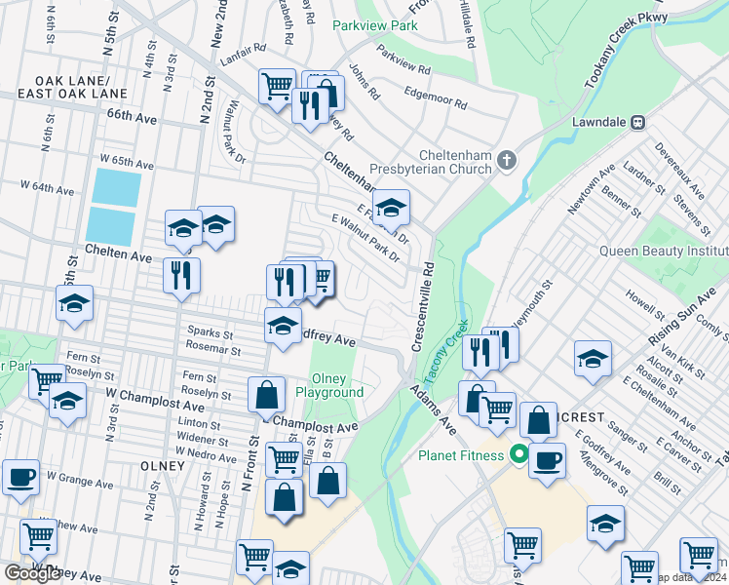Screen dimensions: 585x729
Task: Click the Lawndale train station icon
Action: (639, 123)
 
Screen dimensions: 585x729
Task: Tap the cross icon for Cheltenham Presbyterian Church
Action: (506, 160)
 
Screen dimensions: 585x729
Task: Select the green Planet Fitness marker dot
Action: (519, 455)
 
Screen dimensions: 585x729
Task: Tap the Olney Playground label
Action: (336, 385)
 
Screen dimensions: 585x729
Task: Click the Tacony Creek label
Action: (444, 352)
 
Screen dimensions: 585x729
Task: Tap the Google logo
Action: (31, 573)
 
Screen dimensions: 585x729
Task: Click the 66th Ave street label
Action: (133, 116)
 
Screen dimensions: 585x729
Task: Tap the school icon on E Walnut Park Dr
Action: (391, 207)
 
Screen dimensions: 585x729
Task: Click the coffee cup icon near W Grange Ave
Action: (20, 477)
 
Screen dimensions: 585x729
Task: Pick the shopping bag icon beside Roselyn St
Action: (266, 395)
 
